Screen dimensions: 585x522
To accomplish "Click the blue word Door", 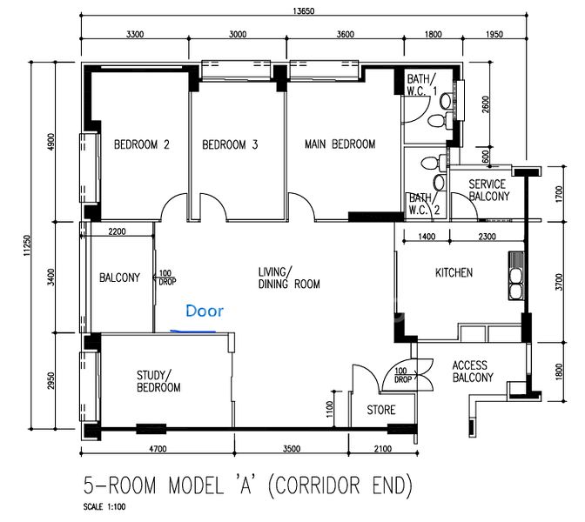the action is click(205, 311).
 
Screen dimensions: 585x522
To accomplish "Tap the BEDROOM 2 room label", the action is click(142, 144).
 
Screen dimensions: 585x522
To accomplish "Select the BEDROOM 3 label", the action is click(230, 144).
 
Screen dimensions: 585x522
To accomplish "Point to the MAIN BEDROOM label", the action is click(340, 144).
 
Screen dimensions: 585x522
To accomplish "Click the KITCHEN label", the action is click(454, 272).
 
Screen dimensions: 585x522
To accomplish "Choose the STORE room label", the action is click(381, 410).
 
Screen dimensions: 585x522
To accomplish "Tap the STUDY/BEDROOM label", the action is click(158, 381).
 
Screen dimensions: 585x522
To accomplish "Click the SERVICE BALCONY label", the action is click(488, 191).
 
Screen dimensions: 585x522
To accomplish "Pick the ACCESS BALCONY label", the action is click(473, 371).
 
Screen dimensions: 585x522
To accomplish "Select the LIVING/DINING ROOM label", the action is click(289, 278).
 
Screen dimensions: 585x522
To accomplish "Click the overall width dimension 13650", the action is click(303, 10).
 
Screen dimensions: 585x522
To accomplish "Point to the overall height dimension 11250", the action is click(27, 245).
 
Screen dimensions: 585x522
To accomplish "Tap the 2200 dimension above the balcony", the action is click(117, 231).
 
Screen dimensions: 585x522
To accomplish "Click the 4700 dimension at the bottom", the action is click(158, 449).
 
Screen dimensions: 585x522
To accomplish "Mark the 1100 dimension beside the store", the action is click(329, 409).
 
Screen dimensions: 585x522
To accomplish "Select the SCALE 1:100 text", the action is click(104, 506).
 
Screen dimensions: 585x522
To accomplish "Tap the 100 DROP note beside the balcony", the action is click(167, 278).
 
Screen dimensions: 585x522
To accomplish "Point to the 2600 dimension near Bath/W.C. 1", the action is click(485, 105).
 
